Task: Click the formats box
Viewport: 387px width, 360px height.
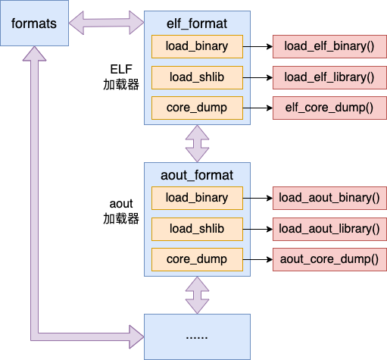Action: pos(34,23)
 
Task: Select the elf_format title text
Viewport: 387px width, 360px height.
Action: pos(197,24)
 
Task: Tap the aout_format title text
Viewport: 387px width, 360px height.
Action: pos(197,176)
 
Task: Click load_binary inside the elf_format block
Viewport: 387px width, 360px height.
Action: pos(197,46)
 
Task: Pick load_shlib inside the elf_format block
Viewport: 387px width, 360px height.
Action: pos(197,77)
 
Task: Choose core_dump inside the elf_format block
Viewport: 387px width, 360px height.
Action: pos(197,108)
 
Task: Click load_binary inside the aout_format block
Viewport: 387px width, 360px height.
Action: pos(197,198)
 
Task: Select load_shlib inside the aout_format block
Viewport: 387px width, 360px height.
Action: pos(197,229)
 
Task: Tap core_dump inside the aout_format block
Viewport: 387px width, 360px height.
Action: pos(197,259)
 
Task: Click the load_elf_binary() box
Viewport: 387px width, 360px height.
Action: pos(329,46)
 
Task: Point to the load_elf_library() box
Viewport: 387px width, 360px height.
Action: pos(329,77)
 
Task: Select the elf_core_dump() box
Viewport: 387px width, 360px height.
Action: pos(329,108)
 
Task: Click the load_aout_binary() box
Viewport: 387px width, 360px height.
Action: pos(329,198)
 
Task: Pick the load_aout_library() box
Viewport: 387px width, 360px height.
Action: pos(329,229)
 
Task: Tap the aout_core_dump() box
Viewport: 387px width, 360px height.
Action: pos(329,259)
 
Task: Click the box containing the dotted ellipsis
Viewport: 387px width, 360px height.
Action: pos(197,337)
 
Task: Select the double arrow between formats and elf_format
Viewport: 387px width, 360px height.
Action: pos(106,23)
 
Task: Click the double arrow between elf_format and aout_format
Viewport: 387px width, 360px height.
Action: pos(197,143)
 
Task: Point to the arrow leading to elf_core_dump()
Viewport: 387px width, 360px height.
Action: pos(257,108)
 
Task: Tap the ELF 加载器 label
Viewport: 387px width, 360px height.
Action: pos(121,77)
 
